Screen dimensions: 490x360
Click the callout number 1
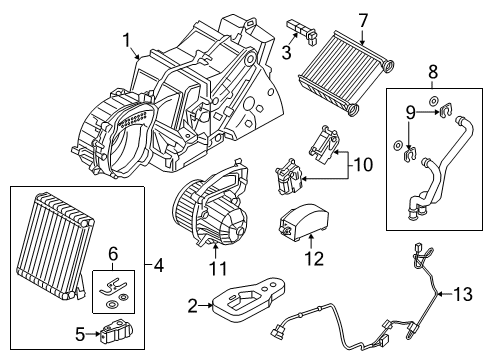[x=126, y=41]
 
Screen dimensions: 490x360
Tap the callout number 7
[x=363, y=21]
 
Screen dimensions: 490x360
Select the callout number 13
[x=463, y=294]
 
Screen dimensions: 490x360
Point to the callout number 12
[x=314, y=258]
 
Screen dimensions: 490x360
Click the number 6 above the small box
[x=113, y=255]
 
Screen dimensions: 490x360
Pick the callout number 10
[x=363, y=165]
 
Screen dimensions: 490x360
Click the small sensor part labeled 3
[x=302, y=32]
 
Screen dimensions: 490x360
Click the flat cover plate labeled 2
[x=249, y=299]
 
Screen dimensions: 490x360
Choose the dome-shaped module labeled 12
[x=302, y=221]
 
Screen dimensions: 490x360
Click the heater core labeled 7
[x=346, y=72]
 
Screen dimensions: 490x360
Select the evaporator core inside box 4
[x=54, y=245]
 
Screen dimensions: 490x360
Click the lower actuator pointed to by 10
[x=288, y=177]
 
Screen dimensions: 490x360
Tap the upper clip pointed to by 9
[x=445, y=110]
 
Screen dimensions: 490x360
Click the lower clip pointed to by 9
[x=409, y=154]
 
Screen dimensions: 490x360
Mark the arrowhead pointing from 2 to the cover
[x=211, y=304]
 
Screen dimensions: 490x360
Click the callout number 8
[x=433, y=72]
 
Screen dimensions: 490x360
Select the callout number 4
[x=159, y=265]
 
